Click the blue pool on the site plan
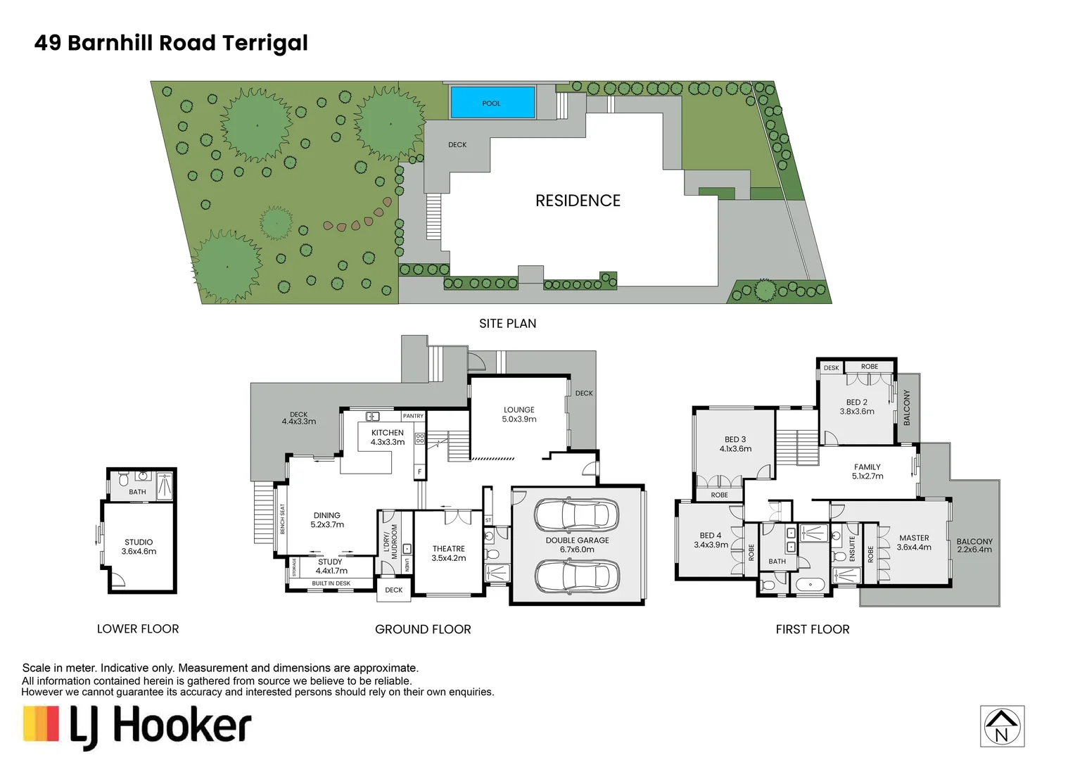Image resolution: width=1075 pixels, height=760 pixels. pyautogui.click(x=492, y=102)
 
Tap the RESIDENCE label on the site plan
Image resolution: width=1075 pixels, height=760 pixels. pyautogui.click(x=578, y=201)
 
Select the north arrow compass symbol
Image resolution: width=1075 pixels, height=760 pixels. pyautogui.click(x=1002, y=726)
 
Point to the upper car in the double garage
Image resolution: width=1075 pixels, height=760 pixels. pyautogui.click(x=576, y=514)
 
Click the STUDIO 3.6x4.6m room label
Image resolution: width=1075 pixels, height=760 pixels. pyautogui.click(x=139, y=547)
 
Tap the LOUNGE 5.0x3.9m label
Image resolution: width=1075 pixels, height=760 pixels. pyautogui.click(x=519, y=414)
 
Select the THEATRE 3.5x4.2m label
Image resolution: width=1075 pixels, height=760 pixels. pyautogui.click(x=449, y=553)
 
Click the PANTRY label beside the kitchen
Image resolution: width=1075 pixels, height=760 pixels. pyautogui.click(x=413, y=416)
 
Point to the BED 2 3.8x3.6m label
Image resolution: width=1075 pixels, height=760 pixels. pyautogui.click(x=857, y=407)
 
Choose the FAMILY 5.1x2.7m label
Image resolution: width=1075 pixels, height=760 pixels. pyautogui.click(x=867, y=471)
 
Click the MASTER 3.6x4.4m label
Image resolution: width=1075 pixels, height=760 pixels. pyautogui.click(x=914, y=543)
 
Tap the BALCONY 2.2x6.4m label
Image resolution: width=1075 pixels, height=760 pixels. pyautogui.click(x=974, y=545)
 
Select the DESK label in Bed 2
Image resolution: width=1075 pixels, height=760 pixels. pyautogui.click(x=831, y=368)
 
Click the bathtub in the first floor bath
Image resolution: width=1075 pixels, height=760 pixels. pyautogui.click(x=810, y=585)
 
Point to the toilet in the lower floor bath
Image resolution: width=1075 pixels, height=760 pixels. pyautogui.click(x=123, y=479)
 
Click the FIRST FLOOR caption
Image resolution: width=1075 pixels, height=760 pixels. pyautogui.click(x=813, y=629)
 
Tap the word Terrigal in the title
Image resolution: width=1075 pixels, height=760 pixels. pyautogui.click(x=265, y=44)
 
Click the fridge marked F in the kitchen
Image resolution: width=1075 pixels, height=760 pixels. pyautogui.click(x=419, y=472)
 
